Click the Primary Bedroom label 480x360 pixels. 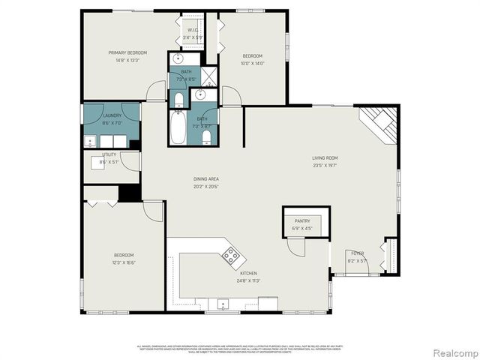(x=127, y=52)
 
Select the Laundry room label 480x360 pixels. (x=112, y=115)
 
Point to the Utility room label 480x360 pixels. (x=109, y=154)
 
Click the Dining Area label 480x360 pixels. (x=205, y=178)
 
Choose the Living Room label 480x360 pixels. (x=325, y=157)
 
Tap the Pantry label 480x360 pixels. (x=302, y=220)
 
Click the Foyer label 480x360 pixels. (x=358, y=253)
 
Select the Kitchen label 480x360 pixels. (x=249, y=274)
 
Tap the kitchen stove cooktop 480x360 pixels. (x=231, y=256)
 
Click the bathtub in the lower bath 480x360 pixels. (x=178, y=128)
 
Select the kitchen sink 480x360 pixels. (x=223, y=304)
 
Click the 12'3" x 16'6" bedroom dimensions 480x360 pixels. (x=124, y=263)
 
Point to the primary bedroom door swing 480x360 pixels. (x=156, y=91)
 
